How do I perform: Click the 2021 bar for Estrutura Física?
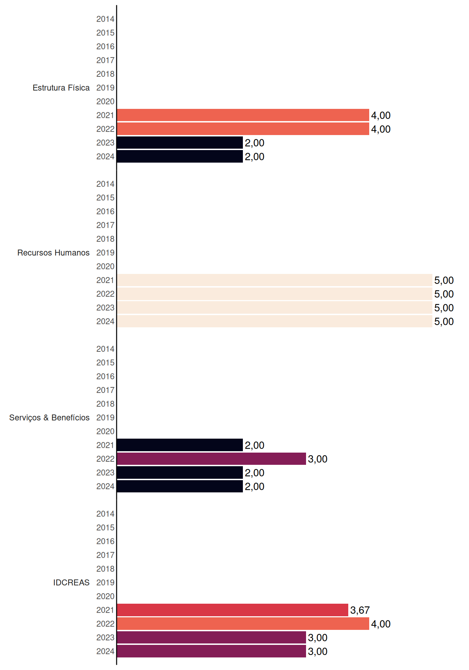(x=243, y=115)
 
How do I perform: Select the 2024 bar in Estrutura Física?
(x=180, y=156)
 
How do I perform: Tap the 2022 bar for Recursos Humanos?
(x=275, y=294)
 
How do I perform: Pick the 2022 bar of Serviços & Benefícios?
(x=211, y=459)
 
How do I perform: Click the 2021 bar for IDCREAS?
(x=232, y=610)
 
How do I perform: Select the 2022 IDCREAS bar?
(x=243, y=624)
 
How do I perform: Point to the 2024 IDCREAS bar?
(x=211, y=651)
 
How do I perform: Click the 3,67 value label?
(x=360, y=610)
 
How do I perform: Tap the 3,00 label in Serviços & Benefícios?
(x=318, y=459)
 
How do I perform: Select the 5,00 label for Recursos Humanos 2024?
(x=444, y=322)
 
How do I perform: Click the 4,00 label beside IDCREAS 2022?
(x=381, y=624)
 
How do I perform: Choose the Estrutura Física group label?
(x=61, y=88)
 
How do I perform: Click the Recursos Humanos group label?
(x=53, y=253)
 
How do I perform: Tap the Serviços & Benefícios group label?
(x=49, y=418)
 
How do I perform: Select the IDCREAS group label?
(x=71, y=582)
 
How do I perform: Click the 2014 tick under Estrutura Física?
(x=105, y=19)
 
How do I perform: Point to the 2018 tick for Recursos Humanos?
(x=105, y=239)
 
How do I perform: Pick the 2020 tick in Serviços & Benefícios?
(x=105, y=431)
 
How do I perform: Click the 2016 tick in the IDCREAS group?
(x=105, y=541)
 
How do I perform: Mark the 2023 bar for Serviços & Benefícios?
(x=180, y=472)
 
